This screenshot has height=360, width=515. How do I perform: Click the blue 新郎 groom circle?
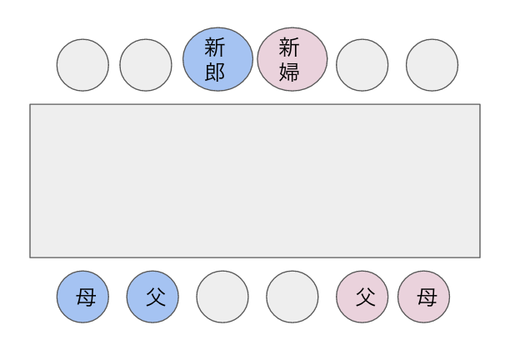click(217, 59)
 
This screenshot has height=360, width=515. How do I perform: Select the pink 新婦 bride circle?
click(292, 59)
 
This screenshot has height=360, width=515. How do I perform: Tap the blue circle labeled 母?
click(82, 297)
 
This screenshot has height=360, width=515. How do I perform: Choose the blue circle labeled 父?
click(152, 297)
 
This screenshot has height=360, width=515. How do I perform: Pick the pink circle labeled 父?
click(362, 297)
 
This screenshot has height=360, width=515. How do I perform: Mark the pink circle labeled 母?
click(423, 297)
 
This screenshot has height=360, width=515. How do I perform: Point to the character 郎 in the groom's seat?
click(215, 72)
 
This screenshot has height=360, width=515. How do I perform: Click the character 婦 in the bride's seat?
click(289, 72)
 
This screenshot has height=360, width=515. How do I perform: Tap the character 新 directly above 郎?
click(215, 47)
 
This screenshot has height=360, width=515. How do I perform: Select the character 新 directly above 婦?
click(289, 47)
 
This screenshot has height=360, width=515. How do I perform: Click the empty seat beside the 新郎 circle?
click(146, 65)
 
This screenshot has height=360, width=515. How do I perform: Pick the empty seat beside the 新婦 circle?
click(362, 65)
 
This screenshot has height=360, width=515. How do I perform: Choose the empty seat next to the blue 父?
click(222, 297)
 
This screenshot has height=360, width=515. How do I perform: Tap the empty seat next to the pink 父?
click(292, 297)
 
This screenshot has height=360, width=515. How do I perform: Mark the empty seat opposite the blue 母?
click(82, 65)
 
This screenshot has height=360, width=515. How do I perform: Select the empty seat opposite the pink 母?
click(432, 65)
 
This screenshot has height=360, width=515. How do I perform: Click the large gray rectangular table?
click(255, 181)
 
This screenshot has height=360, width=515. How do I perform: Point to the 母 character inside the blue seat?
click(86, 297)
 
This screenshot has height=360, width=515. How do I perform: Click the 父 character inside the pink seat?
click(366, 297)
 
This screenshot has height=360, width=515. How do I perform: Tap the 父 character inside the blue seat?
click(156, 297)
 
